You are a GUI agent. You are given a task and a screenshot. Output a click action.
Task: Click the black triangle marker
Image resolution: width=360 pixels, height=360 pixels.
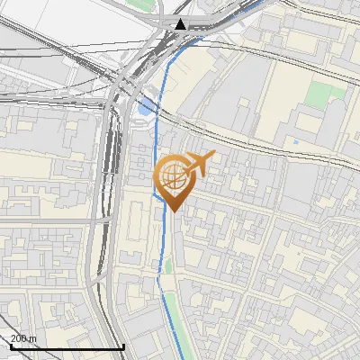coord(181,24)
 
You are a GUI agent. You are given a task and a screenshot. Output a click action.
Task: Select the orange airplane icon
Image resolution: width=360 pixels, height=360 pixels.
coord(200,164)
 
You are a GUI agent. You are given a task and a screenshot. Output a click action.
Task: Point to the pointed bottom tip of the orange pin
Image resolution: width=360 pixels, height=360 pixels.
coord(173,211)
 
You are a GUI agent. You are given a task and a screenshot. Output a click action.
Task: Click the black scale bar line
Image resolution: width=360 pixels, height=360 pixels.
coord(67,346)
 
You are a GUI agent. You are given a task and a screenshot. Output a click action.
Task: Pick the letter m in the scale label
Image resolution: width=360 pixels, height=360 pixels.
coord(33,338)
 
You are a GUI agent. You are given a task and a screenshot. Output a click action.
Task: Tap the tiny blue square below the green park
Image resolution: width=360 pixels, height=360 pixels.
coord(295,142)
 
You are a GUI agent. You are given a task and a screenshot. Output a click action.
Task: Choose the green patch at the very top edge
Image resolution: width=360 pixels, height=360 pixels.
coord(140,4)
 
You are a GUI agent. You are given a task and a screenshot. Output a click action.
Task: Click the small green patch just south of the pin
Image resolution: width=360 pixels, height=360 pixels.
coord(167,266)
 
